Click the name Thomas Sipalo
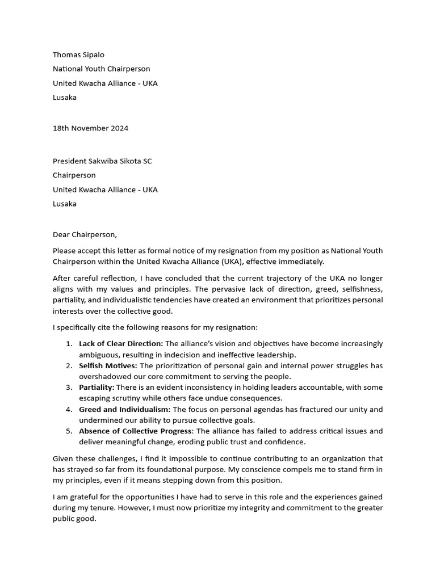point(78,54)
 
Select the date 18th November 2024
point(90,128)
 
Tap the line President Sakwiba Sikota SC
point(102,161)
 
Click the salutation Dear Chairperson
point(85,234)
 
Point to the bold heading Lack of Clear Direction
point(121,343)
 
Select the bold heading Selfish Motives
point(108,365)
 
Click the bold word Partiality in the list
point(97,387)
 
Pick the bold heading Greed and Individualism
point(124,409)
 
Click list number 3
point(69,387)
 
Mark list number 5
point(69,431)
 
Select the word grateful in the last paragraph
point(82,496)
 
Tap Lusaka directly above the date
point(65,97)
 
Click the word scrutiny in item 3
point(130,398)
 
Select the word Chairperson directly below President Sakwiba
point(74,175)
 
